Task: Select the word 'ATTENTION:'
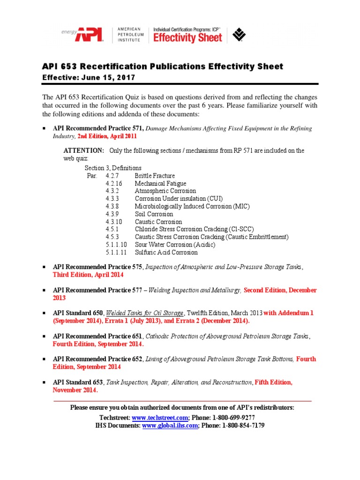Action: (84, 150)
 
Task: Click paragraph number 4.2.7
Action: (113, 176)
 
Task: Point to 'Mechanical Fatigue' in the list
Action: (160, 183)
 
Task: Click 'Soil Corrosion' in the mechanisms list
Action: (154, 214)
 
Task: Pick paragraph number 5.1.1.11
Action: (116, 252)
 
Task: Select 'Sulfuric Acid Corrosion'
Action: (166, 252)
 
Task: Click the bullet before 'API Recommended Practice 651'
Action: (44, 336)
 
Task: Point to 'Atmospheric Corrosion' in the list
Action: (165, 191)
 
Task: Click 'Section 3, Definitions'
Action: (113, 168)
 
